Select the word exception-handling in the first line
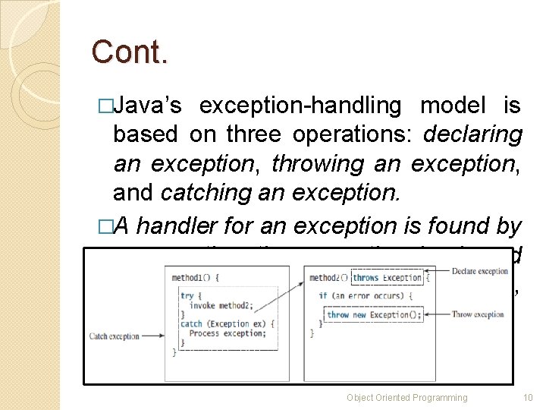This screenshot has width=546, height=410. coord(300,106)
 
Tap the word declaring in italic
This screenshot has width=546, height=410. coord(473,134)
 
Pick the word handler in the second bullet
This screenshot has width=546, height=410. coord(175,225)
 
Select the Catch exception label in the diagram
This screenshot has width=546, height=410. coord(114,335)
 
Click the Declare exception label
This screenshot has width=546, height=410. coord(480,271)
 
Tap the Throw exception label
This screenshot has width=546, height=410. coord(478,314)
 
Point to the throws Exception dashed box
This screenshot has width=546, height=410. coord(387,278)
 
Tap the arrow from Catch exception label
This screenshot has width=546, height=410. coord(155,335)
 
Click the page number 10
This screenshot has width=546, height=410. coord(529,397)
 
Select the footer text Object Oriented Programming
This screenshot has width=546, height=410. coord(406,397)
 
